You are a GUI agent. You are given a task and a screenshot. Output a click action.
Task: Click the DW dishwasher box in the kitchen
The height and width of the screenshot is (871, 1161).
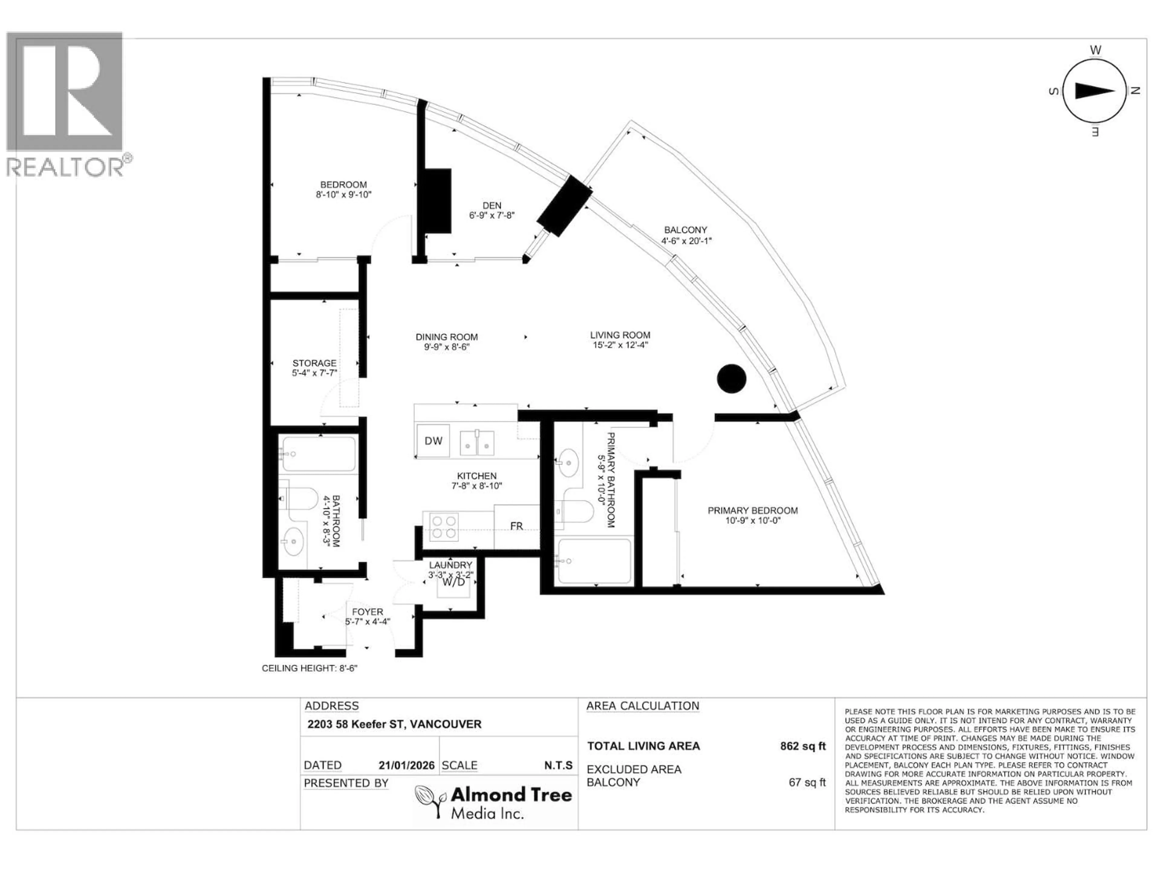pyautogui.click(x=433, y=440)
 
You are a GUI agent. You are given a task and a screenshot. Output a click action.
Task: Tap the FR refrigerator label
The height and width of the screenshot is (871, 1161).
pyautogui.click(x=516, y=526)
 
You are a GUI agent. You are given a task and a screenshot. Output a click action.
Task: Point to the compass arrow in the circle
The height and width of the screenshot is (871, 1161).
pyautogui.click(x=1094, y=91)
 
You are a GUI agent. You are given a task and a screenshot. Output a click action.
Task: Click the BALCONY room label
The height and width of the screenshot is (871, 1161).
pyautogui.click(x=685, y=230)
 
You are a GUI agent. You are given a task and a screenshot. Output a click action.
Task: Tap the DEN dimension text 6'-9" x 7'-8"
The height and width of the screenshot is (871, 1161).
pyautogui.click(x=492, y=215)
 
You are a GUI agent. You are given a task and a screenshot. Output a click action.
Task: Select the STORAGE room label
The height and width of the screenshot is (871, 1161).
pyautogui.click(x=314, y=363)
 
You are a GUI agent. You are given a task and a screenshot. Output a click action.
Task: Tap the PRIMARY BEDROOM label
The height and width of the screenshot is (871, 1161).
pyautogui.click(x=752, y=510)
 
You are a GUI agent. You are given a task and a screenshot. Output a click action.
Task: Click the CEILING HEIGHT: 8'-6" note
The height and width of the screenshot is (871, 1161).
pyautogui.click(x=310, y=668)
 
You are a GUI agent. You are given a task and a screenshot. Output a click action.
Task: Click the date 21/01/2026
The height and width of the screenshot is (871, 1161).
pyautogui.click(x=406, y=765)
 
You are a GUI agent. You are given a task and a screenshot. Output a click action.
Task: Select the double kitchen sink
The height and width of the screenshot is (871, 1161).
pyautogui.click(x=476, y=442)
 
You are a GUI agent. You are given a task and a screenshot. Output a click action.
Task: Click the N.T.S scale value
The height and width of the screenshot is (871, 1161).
pyautogui.click(x=558, y=765)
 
